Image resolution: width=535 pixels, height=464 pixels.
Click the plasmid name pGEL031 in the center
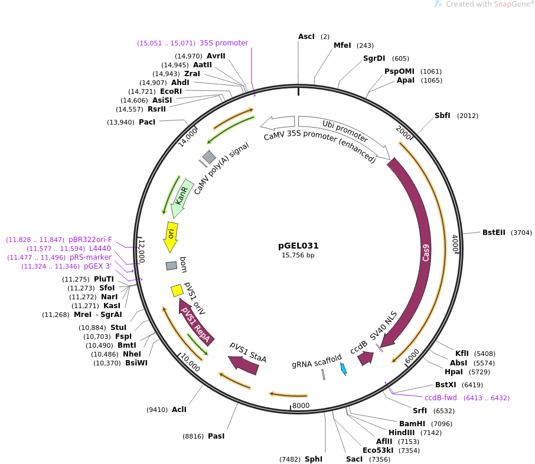[x=298, y=246]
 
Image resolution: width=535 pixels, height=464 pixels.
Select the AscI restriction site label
[x=306, y=37]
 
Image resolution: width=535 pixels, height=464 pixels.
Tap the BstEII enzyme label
[x=494, y=233]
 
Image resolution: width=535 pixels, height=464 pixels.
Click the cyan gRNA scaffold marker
[x=343, y=368]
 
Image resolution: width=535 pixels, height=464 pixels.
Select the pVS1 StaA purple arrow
[x=244, y=364]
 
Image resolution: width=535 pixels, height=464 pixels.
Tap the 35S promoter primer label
[x=224, y=43]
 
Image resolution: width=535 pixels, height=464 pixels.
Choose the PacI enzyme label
[x=147, y=122]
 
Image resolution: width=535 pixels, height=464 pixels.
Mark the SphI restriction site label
[x=314, y=459]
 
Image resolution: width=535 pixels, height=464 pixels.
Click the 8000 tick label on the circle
[x=301, y=406]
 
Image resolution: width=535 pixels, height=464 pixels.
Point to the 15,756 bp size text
[x=298, y=256]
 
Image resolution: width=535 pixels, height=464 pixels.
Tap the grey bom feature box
[x=171, y=266]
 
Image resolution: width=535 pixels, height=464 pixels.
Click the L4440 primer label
[x=100, y=249]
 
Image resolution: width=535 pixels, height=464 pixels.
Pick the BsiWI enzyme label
[x=136, y=363]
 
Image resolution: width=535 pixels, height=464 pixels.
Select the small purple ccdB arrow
[x=366, y=358]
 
